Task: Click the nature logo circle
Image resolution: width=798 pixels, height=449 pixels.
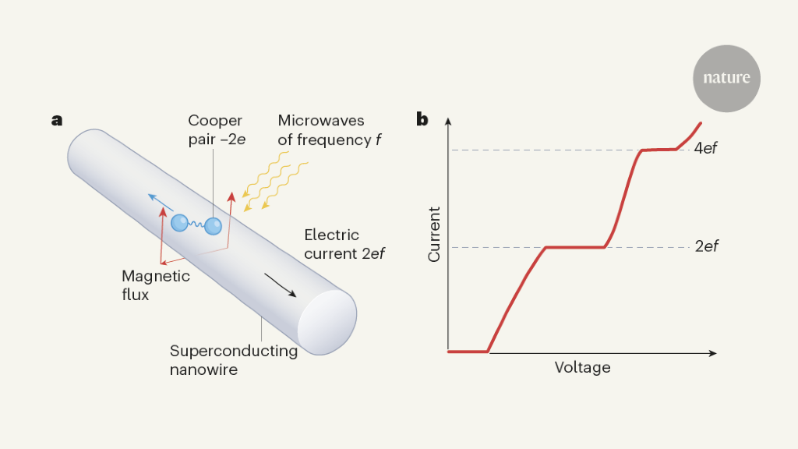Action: (726, 78)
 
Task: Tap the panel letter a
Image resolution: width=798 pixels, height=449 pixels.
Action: (56, 119)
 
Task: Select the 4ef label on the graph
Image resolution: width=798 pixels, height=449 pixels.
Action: (705, 148)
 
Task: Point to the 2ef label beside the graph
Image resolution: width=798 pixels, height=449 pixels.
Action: (706, 246)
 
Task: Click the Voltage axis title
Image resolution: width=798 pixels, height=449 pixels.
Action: (582, 367)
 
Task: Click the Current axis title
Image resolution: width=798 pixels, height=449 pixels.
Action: (435, 234)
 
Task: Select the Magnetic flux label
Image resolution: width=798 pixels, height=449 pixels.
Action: (156, 285)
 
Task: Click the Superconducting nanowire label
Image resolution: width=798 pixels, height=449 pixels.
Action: (234, 359)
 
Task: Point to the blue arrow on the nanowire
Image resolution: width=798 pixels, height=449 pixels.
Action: (161, 202)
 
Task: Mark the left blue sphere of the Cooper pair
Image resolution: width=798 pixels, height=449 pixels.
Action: (181, 222)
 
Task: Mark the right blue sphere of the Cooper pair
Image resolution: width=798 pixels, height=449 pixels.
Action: (213, 226)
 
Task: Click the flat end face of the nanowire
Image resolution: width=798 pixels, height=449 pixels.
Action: (327, 322)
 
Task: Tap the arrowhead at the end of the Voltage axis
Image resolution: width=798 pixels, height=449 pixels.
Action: (712, 354)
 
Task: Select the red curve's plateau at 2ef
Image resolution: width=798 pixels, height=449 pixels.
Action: (575, 247)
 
